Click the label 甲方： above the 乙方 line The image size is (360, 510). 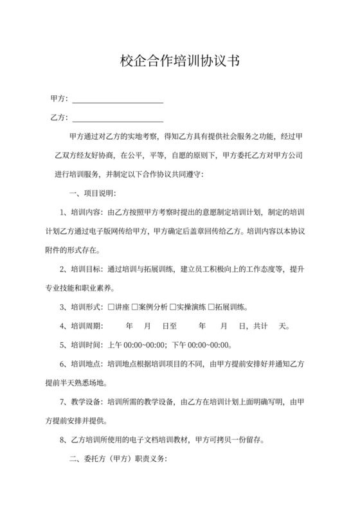click(59, 100)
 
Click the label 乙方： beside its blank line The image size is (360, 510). click(59, 119)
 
